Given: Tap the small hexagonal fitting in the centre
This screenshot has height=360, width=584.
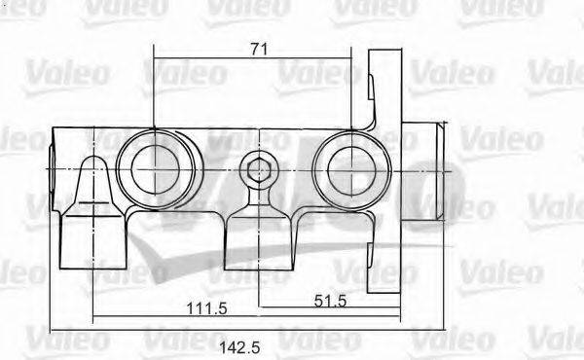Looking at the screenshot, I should point(259,172).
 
